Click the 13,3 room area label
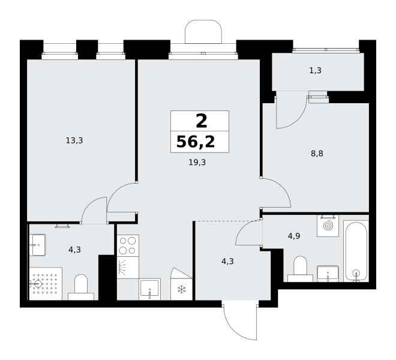coord(74,140)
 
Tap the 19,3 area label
coord(197,163)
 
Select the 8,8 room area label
coord(317,154)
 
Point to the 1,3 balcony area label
coord(315,70)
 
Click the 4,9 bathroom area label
coord(294,236)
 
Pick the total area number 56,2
coord(196,142)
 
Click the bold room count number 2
coord(202,121)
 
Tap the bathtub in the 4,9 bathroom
coord(356,251)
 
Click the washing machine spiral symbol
coord(328,226)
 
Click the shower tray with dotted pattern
coord(46,283)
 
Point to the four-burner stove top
coord(128,245)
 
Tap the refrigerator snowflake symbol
coord(181,289)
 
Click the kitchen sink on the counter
coord(149,290)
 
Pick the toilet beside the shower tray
coord(81,287)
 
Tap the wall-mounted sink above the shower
coord(37,245)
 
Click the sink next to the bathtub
coord(328,274)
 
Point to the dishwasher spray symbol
coord(123,267)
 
